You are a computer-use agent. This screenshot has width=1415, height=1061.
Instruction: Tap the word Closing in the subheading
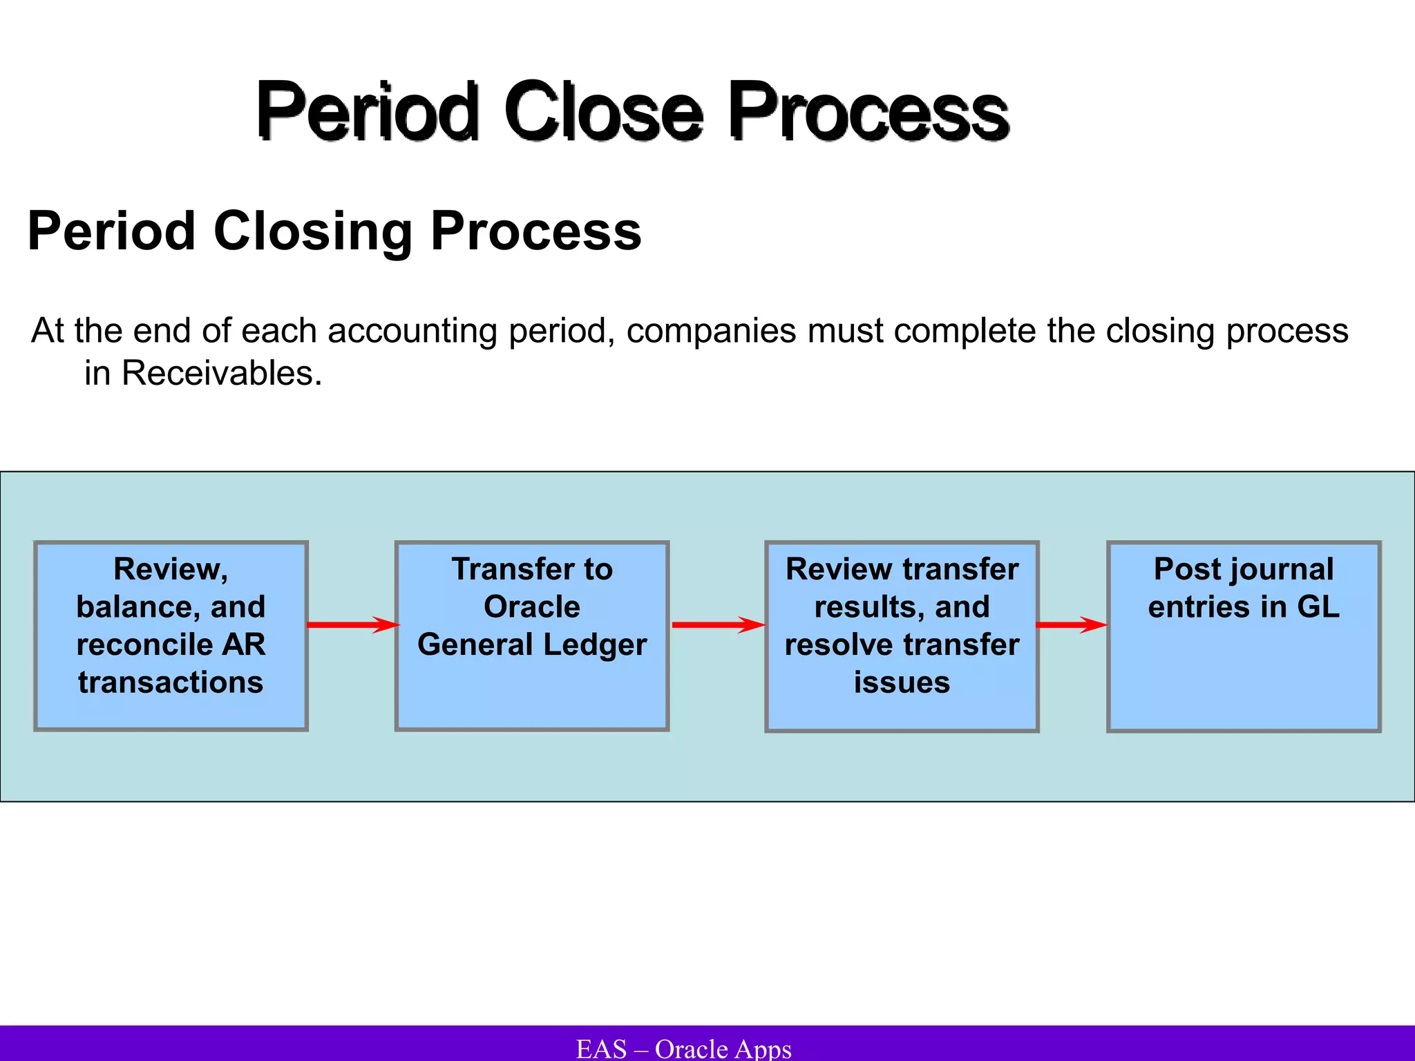[x=312, y=231]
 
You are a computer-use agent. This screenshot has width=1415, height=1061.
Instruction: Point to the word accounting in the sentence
[x=412, y=331]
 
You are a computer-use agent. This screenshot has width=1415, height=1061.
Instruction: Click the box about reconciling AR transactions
[x=171, y=635]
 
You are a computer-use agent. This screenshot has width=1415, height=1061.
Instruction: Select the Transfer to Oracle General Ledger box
[x=531, y=635]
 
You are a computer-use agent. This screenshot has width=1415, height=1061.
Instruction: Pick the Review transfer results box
[x=902, y=635]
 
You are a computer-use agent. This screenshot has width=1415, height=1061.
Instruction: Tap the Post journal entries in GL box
[x=1244, y=635]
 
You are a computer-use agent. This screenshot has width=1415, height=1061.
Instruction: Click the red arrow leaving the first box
[x=352, y=625]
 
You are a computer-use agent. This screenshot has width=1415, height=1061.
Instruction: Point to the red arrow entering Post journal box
[x=1072, y=625]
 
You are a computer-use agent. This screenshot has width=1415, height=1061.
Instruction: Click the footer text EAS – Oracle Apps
[x=683, y=1049]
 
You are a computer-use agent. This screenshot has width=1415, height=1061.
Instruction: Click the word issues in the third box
[x=902, y=682]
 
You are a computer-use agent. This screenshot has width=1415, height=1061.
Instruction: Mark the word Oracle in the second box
[x=531, y=607]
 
